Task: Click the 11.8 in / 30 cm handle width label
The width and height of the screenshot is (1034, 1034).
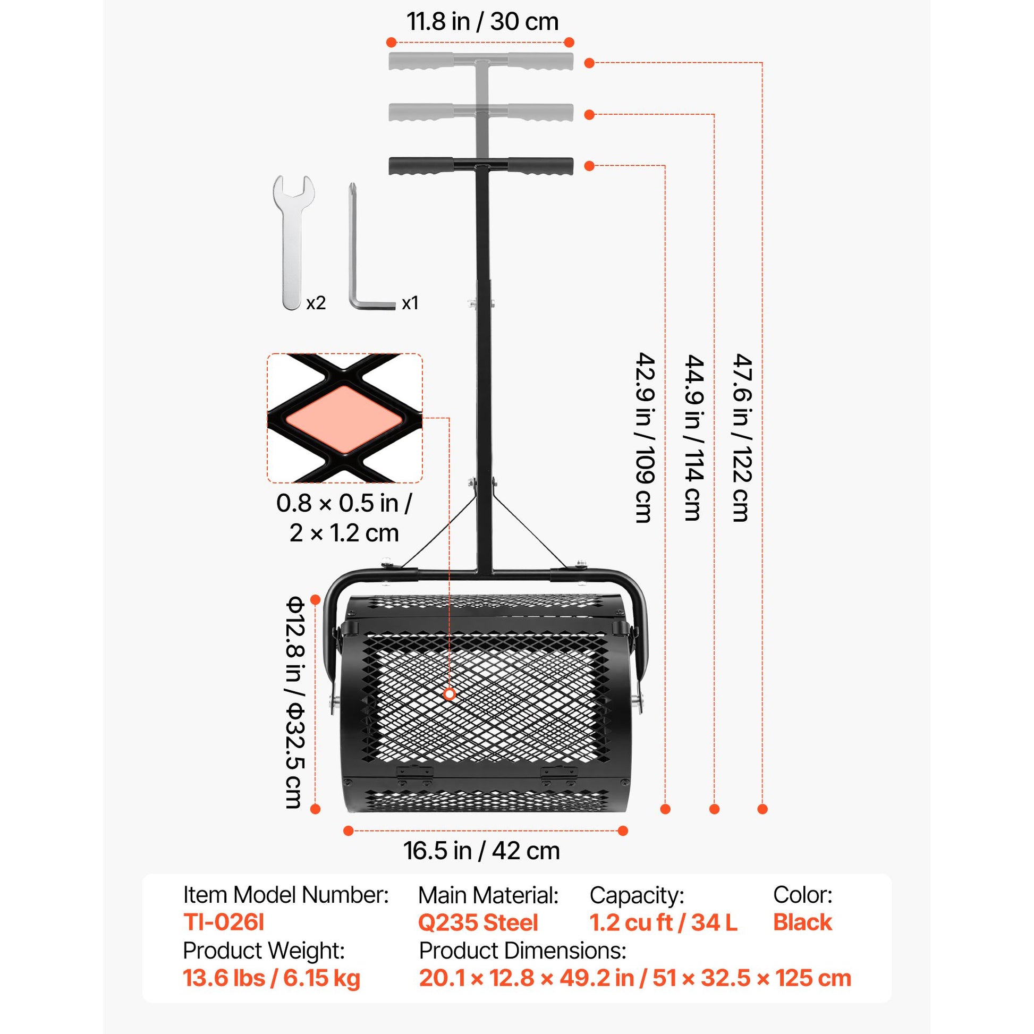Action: pyautogui.click(x=482, y=22)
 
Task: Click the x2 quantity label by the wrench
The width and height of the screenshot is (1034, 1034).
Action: pyautogui.click(x=316, y=303)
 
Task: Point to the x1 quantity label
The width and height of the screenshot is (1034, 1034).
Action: pyautogui.click(x=410, y=303)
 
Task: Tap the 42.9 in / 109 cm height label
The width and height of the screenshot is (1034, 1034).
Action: pyautogui.click(x=645, y=437)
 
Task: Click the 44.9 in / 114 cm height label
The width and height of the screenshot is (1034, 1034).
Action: pyautogui.click(x=693, y=437)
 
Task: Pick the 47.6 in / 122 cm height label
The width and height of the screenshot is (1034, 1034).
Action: pyautogui.click(x=742, y=437)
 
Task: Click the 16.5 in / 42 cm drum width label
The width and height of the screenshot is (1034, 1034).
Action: pyautogui.click(x=482, y=852)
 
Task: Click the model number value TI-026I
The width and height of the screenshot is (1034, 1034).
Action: pyautogui.click(x=224, y=922)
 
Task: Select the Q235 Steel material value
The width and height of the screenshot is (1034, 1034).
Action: pyautogui.click(x=478, y=922)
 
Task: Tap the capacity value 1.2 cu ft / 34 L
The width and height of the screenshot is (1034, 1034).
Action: pyautogui.click(x=664, y=922)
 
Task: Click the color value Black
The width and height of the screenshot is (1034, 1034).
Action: pyautogui.click(x=803, y=922)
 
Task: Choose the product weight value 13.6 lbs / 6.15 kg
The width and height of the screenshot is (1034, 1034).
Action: pyautogui.click(x=272, y=978)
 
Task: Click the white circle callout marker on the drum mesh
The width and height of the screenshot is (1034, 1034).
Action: pyautogui.click(x=450, y=694)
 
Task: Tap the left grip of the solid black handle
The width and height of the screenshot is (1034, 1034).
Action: pyautogui.click(x=421, y=166)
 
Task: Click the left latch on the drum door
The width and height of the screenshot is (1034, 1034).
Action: pyautogui.click(x=414, y=773)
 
